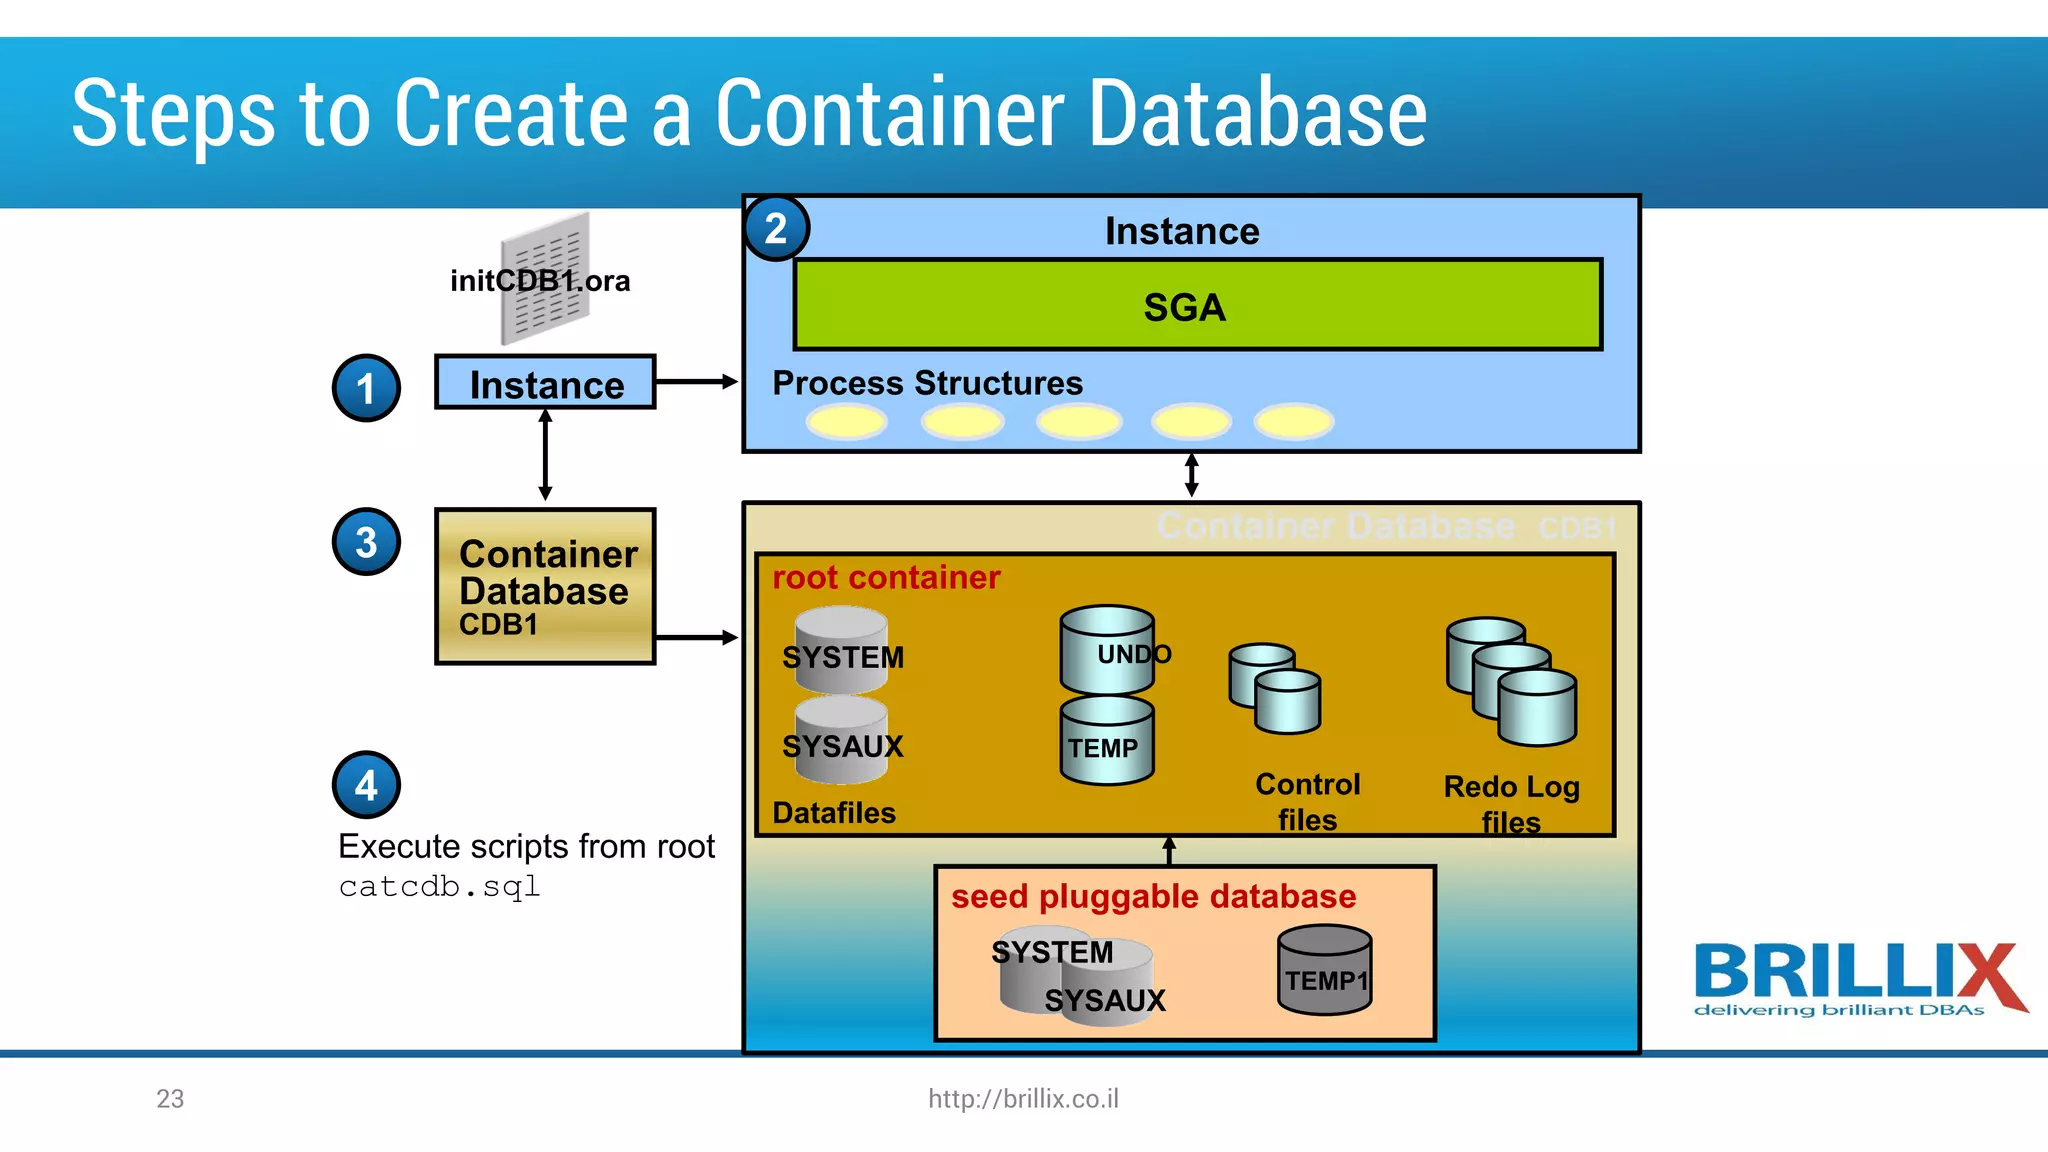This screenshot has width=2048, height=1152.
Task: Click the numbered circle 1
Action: point(366,388)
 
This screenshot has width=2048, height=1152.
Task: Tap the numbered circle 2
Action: point(776,229)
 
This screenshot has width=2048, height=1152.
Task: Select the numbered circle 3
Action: point(366,542)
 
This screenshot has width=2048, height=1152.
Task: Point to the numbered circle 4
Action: point(366,785)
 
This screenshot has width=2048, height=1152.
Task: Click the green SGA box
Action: point(1197,305)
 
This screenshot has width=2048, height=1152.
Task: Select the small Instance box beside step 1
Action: point(545,383)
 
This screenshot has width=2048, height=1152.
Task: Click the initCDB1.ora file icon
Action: point(545,277)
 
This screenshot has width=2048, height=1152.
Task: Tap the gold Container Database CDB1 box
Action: point(545,587)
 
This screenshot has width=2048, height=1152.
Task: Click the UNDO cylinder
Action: point(1107,651)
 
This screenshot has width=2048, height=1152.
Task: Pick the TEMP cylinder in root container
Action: point(1106,742)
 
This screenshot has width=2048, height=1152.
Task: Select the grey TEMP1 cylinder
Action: point(1324,970)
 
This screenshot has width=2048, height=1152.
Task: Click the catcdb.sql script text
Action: point(439,887)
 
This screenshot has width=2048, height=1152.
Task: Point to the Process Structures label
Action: point(927,383)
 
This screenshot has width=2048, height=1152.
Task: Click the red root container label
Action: point(886,577)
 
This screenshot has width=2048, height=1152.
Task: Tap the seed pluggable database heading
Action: point(1153,896)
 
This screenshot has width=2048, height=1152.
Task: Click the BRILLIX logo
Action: point(1858,979)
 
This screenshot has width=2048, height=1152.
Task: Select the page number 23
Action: point(170,1098)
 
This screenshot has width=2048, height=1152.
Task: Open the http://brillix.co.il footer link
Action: point(1023,1098)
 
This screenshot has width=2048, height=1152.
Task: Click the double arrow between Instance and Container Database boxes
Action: point(545,456)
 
